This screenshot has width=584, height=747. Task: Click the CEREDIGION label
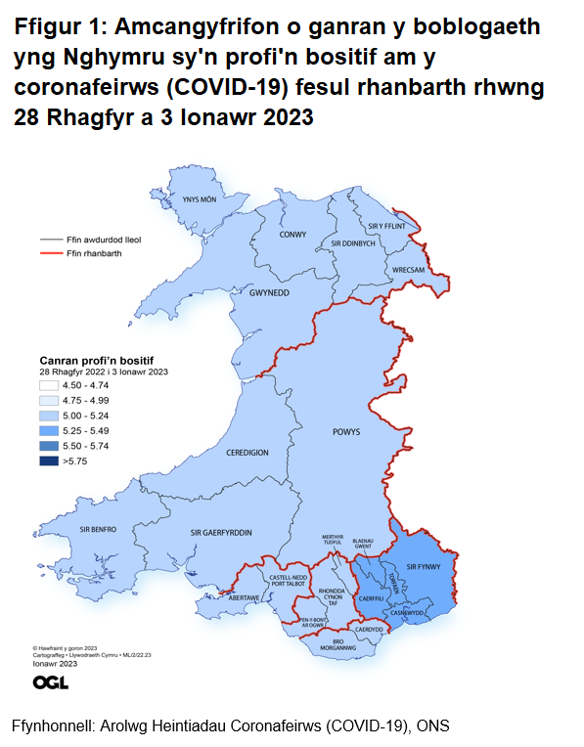[x=247, y=454]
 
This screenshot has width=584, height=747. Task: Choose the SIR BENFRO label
[x=98, y=529]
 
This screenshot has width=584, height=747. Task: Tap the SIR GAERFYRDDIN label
[x=221, y=532]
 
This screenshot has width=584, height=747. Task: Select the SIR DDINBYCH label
[x=353, y=242]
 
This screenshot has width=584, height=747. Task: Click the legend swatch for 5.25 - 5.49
[x=49, y=429]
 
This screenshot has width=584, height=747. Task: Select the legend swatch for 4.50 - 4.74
[x=49, y=385]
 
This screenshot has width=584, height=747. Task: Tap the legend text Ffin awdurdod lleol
[x=104, y=238]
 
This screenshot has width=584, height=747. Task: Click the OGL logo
[x=50, y=681]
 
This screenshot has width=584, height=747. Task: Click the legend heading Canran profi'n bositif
[x=96, y=360]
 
